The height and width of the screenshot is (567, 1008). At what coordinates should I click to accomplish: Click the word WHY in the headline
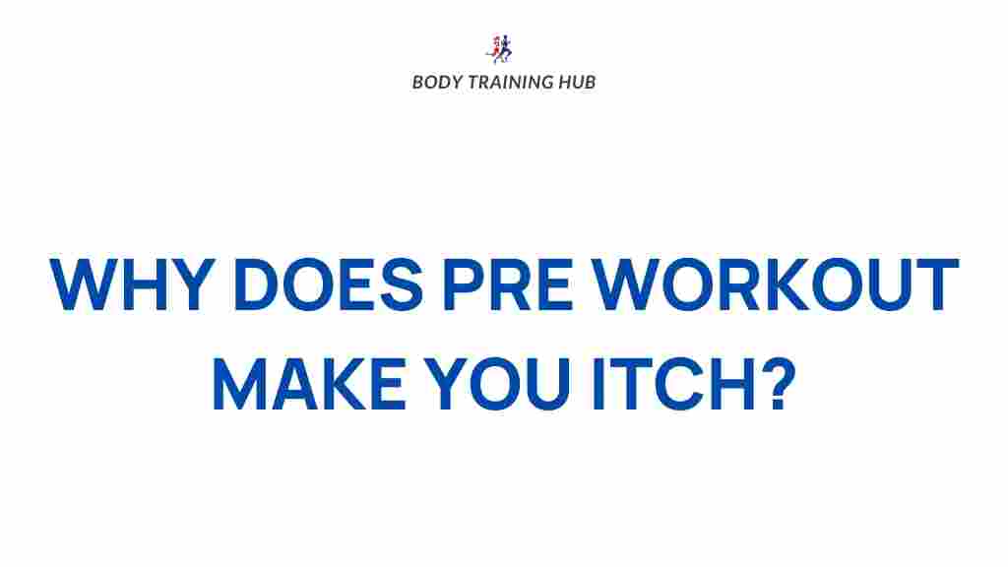point(132,284)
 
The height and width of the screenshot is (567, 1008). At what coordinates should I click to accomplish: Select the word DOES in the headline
point(329,284)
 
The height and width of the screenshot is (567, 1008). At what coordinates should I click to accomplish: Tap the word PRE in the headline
point(507,284)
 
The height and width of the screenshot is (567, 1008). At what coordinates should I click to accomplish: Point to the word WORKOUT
point(775,284)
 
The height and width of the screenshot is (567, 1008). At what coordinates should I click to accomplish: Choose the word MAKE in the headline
point(308,384)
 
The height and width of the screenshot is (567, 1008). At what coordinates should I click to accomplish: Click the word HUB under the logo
point(577,83)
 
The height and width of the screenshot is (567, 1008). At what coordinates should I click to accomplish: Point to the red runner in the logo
point(494,49)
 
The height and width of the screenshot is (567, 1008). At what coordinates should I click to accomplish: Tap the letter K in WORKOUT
point(783,284)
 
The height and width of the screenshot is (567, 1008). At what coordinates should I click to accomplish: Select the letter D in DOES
point(257,284)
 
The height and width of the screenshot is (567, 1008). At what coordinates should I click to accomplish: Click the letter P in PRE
point(464,284)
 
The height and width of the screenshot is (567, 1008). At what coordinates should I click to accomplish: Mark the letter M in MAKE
point(239,384)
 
